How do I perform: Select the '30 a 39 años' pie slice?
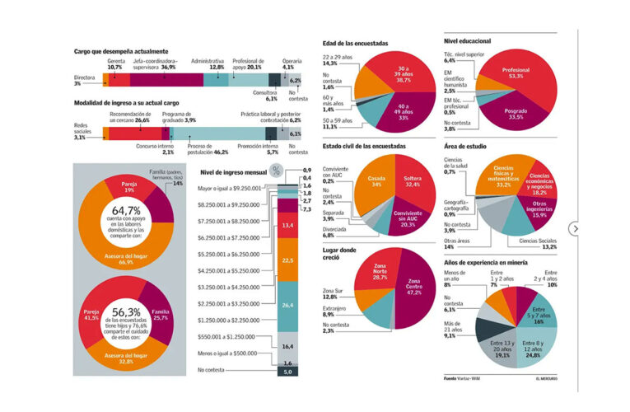tap(403, 73)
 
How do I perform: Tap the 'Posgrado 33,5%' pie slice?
tap(516, 112)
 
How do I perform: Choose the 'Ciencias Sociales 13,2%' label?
tap(538, 242)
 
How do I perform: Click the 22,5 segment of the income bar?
tap(288, 260)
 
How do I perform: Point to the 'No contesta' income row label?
tap(213, 371)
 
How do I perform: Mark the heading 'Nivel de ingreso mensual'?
tap(234, 173)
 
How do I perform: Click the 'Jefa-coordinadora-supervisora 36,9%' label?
tap(155, 63)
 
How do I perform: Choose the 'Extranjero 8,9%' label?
tap(334, 311)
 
